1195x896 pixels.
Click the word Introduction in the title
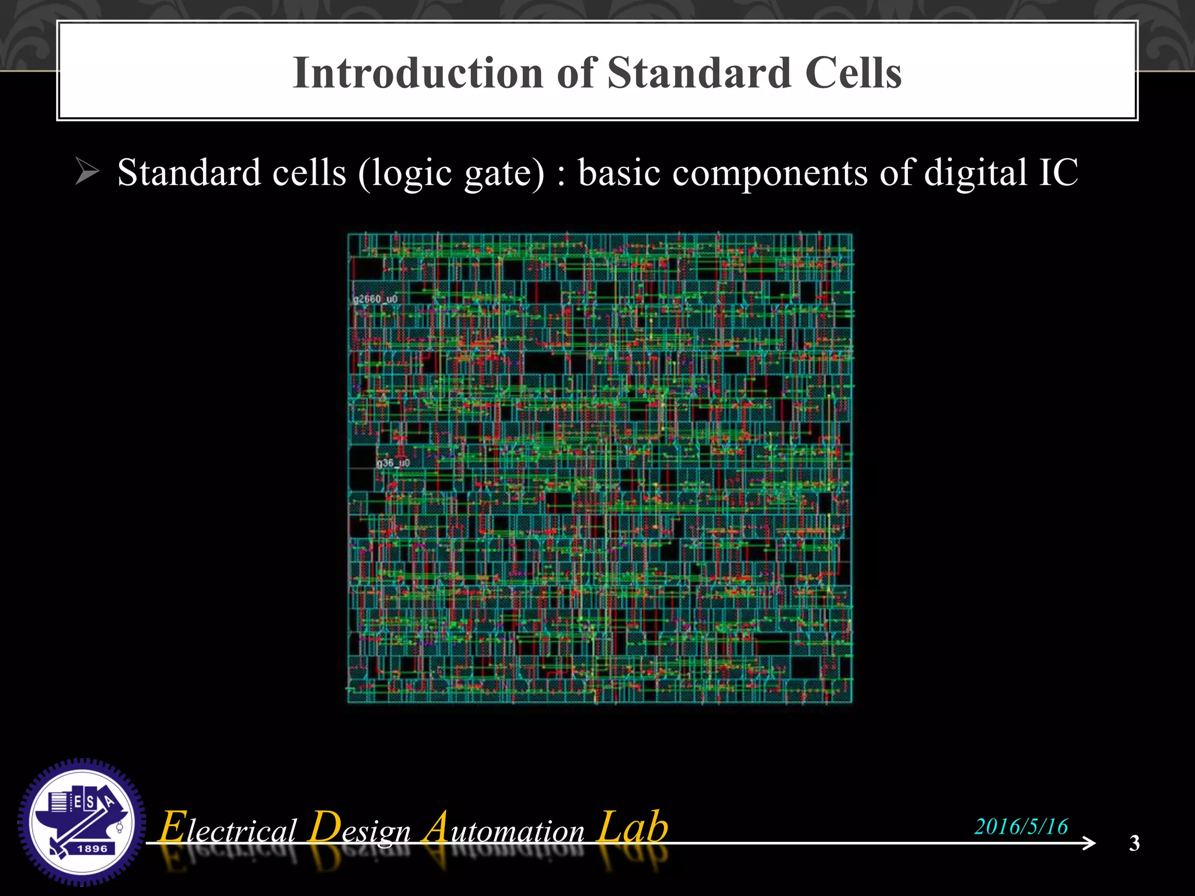point(418,73)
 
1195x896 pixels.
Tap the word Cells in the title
point(853,73)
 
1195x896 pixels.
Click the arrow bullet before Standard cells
point(88,173)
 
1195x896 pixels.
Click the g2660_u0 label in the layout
point(375,299)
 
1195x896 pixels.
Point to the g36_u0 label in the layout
point(393,463)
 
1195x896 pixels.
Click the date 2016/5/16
point(1021,827)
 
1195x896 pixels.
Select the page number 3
point(1134,843)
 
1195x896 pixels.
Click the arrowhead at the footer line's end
point(1089,843)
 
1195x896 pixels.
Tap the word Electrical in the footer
point(228,828)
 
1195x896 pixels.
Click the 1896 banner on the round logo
point(92,849)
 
